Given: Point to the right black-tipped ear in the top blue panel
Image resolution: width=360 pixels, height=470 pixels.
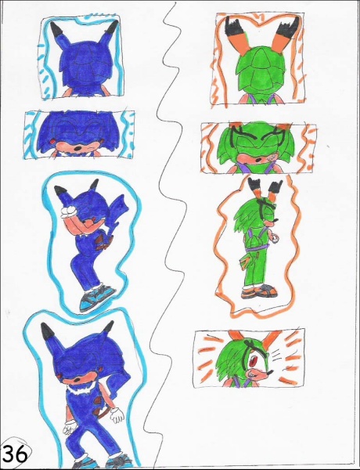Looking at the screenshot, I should (112, 29).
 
